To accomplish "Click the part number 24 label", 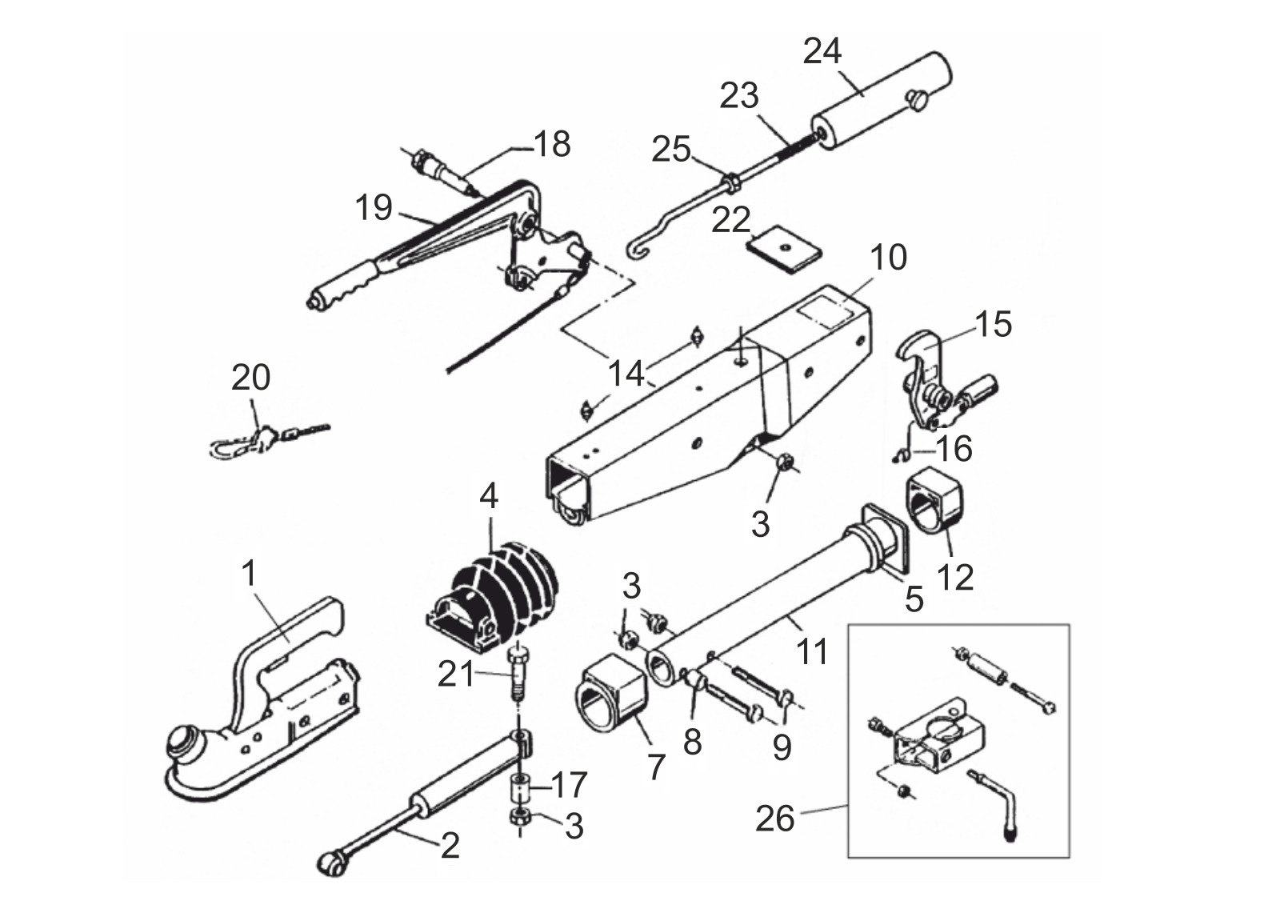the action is point(822,51).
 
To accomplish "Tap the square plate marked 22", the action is point(784,250).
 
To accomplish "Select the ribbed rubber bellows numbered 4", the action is point(492,594).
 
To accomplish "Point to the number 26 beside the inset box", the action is point(775,819).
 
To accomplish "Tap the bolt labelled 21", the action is point(517,678).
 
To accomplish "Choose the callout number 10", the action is point(889,258).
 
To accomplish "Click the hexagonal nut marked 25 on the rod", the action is point(732,183).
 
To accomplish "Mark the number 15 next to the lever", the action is point(993,324).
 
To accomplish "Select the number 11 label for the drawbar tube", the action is point(812,651).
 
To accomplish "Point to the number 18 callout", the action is point(552,143).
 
